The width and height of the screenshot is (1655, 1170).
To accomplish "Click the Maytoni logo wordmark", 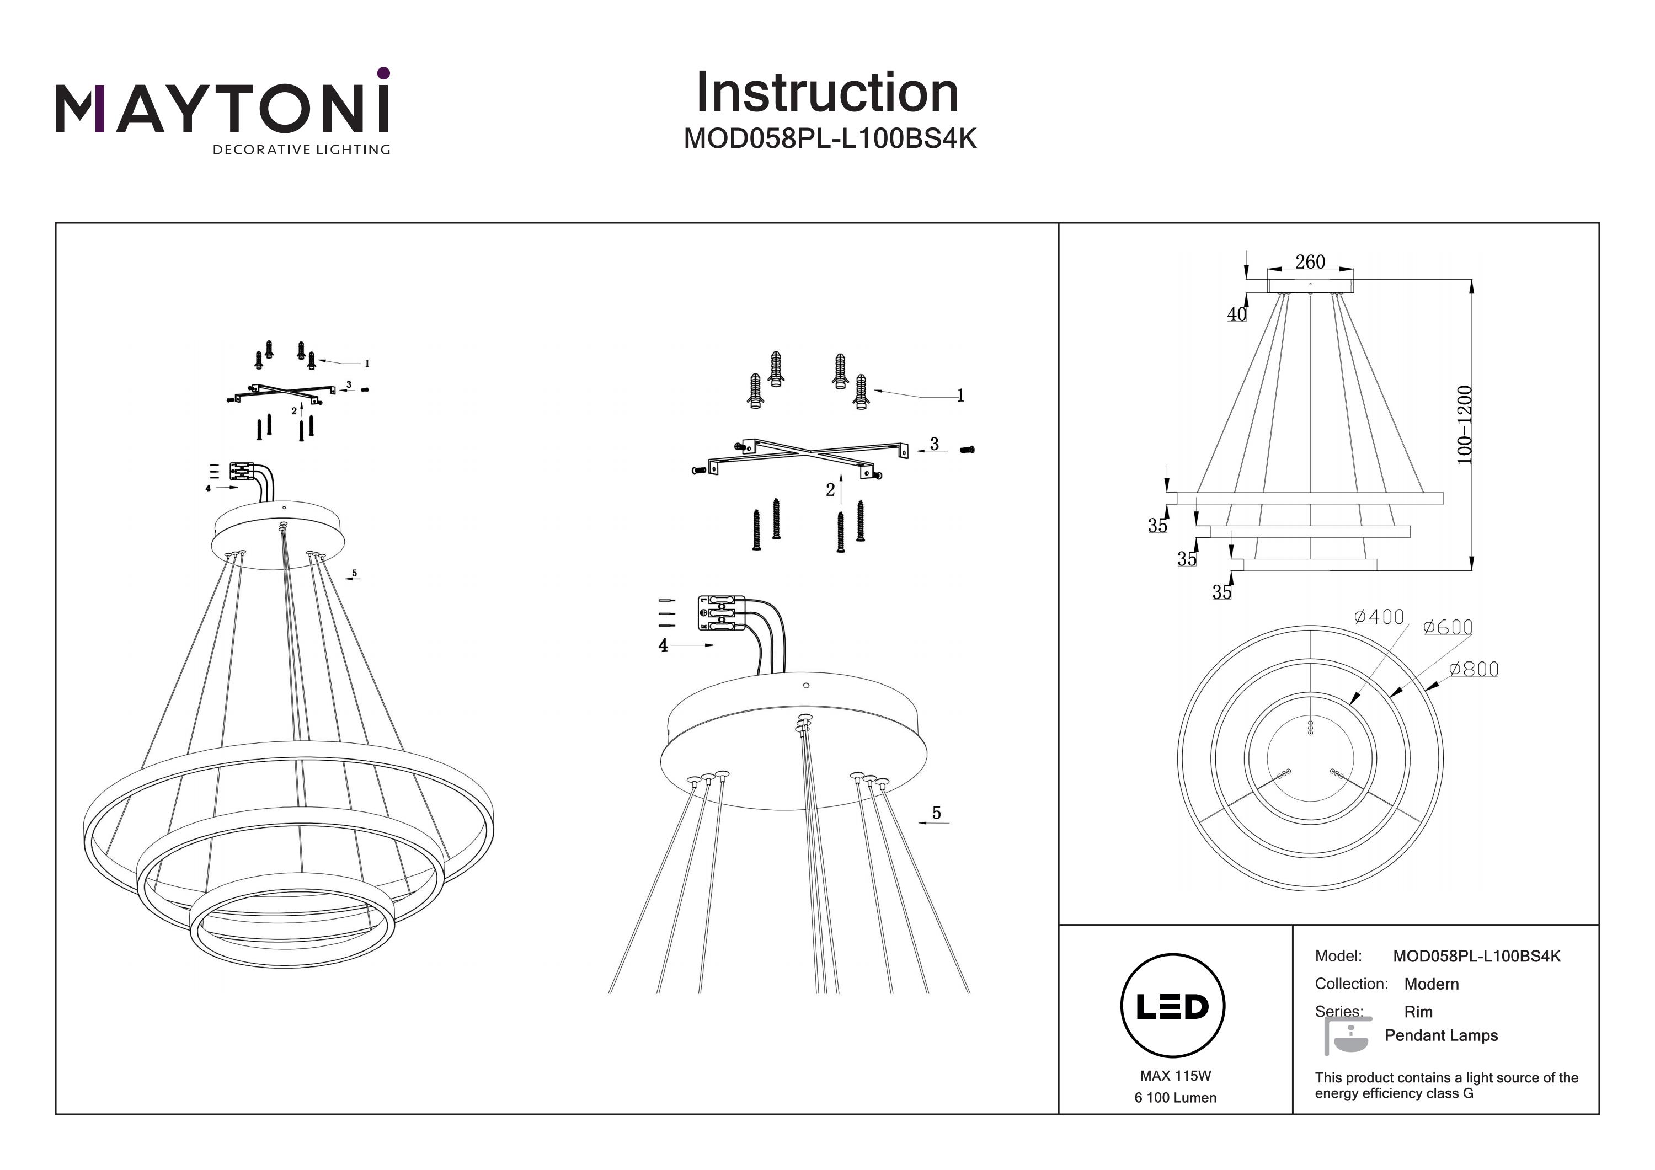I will coord(222,110).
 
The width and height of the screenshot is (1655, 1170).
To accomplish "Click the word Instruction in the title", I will coord(827,93).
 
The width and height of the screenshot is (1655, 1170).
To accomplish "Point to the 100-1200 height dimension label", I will coord(1464,425).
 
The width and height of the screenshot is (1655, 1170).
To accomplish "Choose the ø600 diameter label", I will coord(1448,628).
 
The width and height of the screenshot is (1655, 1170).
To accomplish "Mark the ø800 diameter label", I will coord(1474,670).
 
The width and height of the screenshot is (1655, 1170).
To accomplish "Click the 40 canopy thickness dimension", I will coord(1237,314).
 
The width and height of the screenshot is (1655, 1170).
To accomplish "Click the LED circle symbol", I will coord(1173,1006).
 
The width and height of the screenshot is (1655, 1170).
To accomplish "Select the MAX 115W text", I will coord(1176,1076).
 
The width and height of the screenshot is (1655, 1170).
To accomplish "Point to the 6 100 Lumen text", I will coord(1176,1098).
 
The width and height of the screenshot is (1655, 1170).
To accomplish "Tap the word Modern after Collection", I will coord(1432,984).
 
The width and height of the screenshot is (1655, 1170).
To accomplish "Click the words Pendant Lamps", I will coord(1441,1035).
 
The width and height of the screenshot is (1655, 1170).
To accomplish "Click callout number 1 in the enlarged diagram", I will coord(960,395).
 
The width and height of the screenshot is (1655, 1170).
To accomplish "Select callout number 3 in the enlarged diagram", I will coord(934,444).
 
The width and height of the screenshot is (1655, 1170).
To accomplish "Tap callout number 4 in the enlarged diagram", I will coord(663,646).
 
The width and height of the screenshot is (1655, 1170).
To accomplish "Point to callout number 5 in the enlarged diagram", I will coord(936,813).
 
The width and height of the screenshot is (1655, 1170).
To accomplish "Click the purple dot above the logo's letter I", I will coord(383,73).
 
